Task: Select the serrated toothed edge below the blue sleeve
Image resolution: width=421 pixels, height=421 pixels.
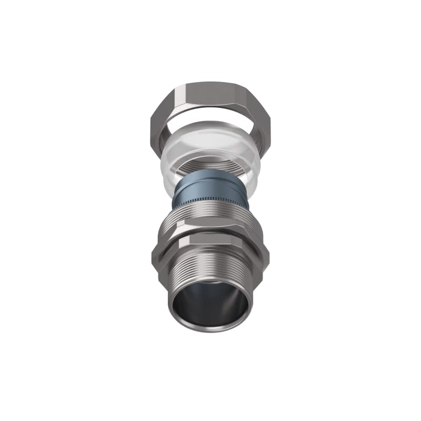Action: pos(210,200)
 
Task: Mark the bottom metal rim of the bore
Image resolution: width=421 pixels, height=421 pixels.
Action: pos(210,329)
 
